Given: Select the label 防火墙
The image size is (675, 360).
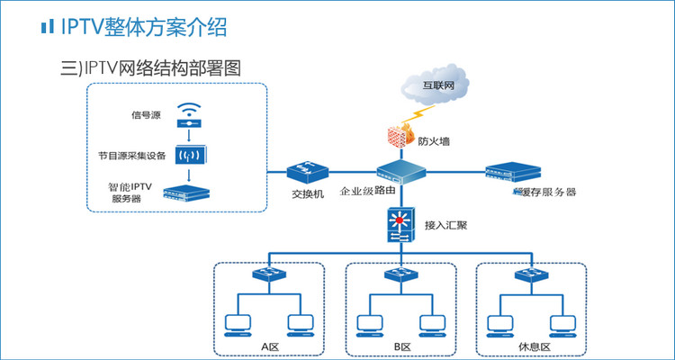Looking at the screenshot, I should click(x=434, y=140).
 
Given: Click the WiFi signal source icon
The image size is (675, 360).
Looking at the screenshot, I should click(x=190, y=115).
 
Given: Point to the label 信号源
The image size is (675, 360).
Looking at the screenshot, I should click(x=144, y=115).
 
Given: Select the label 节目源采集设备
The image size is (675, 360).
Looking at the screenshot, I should click(x=132, y=155).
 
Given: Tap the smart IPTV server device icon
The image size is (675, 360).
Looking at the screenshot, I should click(x=188, y=192).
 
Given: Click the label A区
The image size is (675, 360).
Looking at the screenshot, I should click(x=270, y=346).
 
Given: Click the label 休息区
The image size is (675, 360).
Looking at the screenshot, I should click(x=531, y=346).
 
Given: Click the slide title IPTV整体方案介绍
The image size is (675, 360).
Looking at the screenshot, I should click(x=143, y=27).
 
